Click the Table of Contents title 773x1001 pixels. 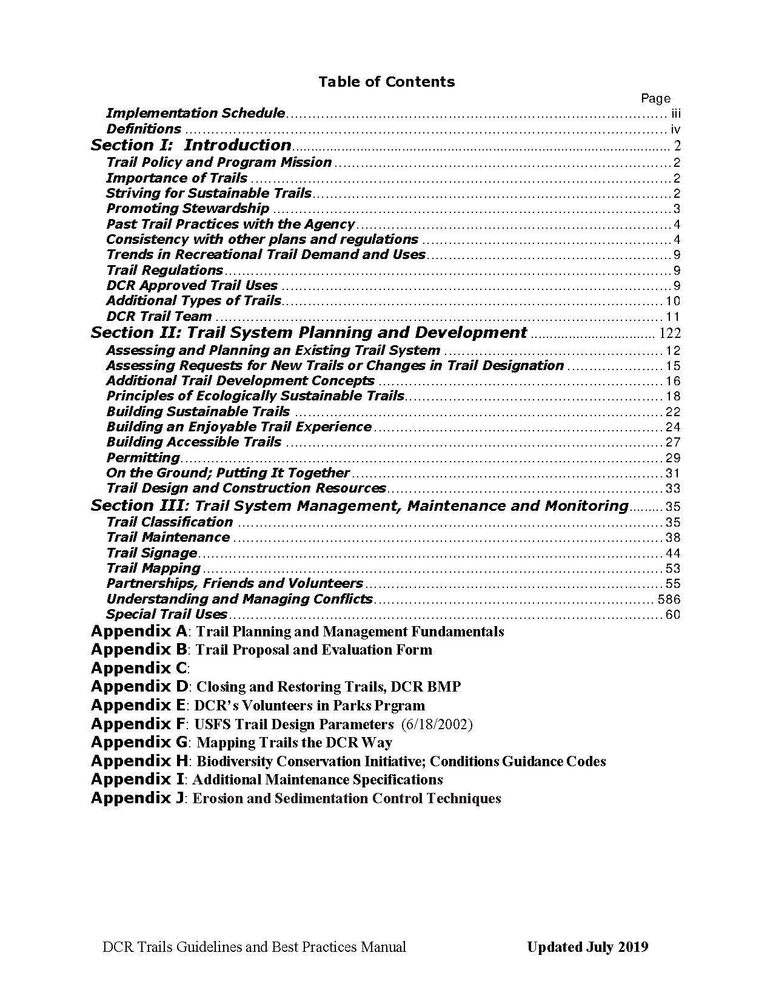(x=386, y=82)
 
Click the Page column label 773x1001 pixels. (x=655, y=98)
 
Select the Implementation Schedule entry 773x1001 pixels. (x=195, y=113)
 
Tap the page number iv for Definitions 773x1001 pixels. (x=675, y=129)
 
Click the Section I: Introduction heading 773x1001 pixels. (x=191, y=146)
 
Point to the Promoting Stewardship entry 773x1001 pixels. (x=187, y=209)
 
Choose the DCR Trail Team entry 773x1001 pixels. (x=159, y=317)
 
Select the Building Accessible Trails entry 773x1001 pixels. (x=193, y=442)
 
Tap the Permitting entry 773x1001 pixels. (x=143, y=458)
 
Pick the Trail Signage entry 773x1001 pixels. (x=152, y=553)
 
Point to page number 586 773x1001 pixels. (x=669, y=599)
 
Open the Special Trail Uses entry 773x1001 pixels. (x=166, y=615)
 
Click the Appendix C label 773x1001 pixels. (x=139, y=669)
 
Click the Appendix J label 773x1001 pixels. (x=137, y=798)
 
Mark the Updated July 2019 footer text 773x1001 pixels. (x=587, y=947)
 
